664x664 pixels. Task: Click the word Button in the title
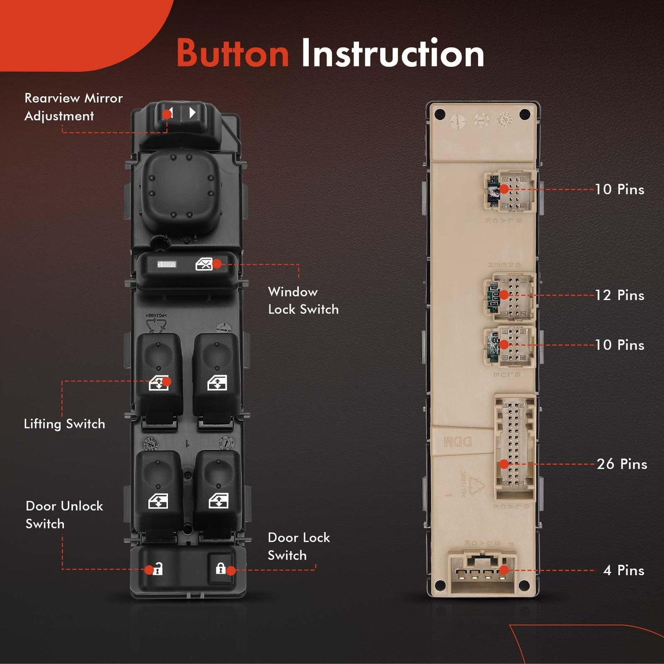[232, 53]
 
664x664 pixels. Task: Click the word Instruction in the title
[393, 53]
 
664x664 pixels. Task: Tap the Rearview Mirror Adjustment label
[73, 107]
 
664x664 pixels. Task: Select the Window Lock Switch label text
[303, 300]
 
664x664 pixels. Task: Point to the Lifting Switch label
[65, 424]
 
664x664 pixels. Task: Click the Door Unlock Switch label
[64, 515]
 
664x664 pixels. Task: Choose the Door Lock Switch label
[298, 546]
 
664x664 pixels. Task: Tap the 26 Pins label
[622, 464]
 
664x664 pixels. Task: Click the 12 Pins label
[619, 295]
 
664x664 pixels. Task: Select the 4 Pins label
[624, 570]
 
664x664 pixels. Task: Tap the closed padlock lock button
[221, 568]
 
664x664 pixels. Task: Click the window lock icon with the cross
[204, 265]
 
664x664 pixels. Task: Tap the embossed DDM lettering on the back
[458, 442]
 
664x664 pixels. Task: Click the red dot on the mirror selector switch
[167, 114]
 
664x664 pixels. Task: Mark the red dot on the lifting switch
[166, 382]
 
